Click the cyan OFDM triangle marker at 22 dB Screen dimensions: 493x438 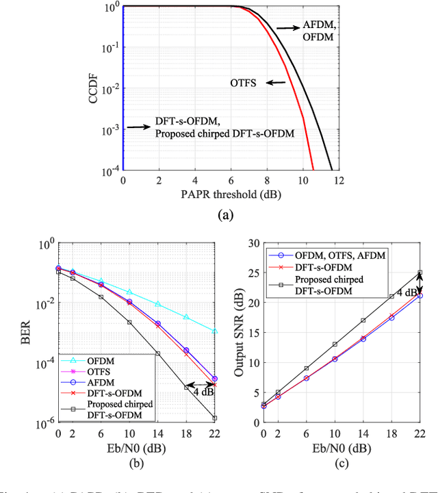coord(215,331)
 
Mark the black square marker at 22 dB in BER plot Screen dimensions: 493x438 coord(215,418)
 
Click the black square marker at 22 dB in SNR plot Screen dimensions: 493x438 coord(420,273)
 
